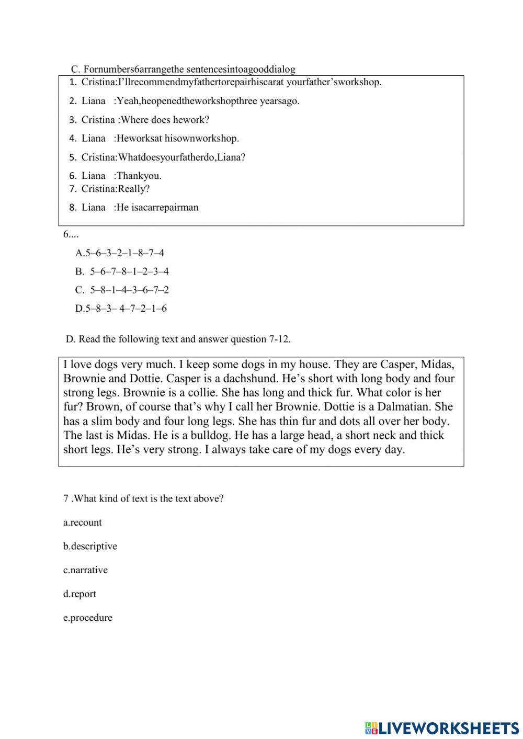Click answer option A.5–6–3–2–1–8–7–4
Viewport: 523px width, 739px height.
click(x=120, y=253)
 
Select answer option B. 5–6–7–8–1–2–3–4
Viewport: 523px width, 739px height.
click(x=122, y=271)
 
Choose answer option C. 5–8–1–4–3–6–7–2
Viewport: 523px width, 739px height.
click(x=122, y=290)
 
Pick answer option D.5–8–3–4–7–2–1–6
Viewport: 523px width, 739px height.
click(x=121, y=309)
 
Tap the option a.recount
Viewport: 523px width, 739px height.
click(x=83, y=522)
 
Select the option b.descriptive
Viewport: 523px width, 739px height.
click(x=90, y=546)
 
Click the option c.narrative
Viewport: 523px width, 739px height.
click(x=85, y=570)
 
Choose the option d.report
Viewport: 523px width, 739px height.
click(x=79, y=594)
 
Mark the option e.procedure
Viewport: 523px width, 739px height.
click(x=87, y=618)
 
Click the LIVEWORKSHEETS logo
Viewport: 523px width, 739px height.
click(x=442, y=727)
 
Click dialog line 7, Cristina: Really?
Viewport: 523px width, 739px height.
click(x=115, y=189)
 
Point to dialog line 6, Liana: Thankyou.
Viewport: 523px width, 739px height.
click(x=121, y=176)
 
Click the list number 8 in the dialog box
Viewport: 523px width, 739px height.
click(x=73, y=208)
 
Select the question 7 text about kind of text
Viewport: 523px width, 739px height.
click(x=143, y=498)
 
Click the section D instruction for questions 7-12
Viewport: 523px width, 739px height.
click(x=178, y=339)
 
